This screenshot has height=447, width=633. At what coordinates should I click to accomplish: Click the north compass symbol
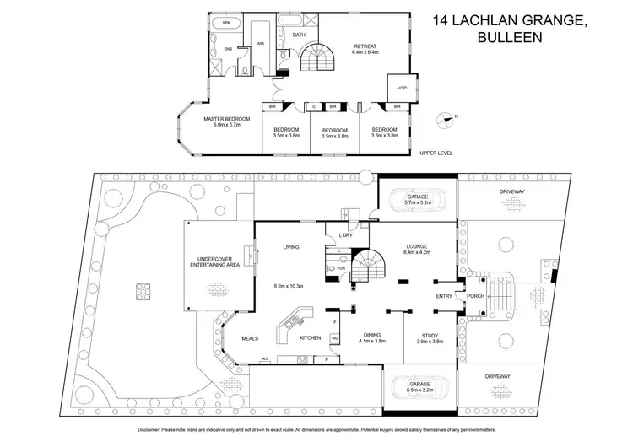[446, 121]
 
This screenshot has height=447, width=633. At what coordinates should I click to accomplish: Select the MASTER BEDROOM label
[222, 121]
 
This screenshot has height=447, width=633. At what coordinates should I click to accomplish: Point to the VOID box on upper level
[402, 88]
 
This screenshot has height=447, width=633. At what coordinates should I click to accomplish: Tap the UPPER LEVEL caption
[437, 153]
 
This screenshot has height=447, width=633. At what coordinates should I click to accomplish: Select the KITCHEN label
[311, 338]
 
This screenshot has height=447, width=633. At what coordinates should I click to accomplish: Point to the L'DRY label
[344, 234]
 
